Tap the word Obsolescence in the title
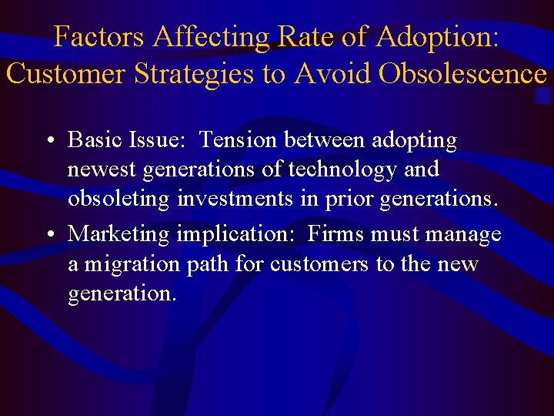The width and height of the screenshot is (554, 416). pyautogui.click(x=461, y=74)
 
